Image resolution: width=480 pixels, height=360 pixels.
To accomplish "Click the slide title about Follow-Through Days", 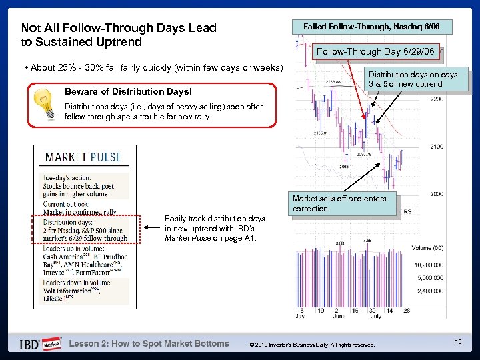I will [x=119, y=35].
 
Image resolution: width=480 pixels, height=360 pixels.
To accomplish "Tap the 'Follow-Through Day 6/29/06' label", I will [x=375, y=51].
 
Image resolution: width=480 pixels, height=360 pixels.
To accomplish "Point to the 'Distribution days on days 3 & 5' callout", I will [x=413, y=79].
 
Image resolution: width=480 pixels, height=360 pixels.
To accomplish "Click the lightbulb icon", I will [x=47, y=103].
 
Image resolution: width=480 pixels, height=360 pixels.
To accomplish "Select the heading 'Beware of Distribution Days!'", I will [x=128, y=91].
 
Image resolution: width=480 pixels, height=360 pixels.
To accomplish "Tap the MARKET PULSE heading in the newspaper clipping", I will [x=83, y=157].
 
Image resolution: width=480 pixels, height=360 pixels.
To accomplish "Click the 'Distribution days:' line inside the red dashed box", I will [x=69, y=222].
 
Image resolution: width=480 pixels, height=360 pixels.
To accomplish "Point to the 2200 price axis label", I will [x=437, y=99].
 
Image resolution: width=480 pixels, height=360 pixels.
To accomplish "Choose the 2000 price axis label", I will [x=437, y=194].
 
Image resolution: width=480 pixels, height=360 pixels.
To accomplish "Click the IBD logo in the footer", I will [x=29, y=344].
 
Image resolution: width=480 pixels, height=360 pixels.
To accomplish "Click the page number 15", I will [x=458, y=341].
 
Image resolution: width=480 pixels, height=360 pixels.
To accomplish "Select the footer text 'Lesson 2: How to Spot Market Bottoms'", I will [x=149, y=344].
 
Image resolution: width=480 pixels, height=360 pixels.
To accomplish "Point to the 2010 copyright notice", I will [x=311, y=345].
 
